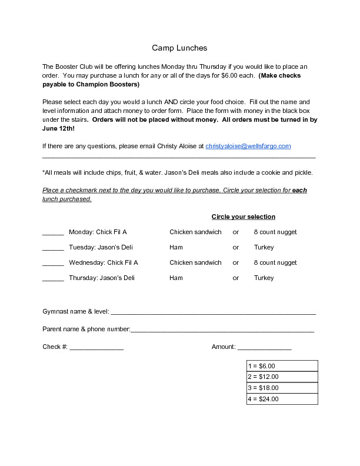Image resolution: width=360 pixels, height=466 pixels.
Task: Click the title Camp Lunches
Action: [179, 47]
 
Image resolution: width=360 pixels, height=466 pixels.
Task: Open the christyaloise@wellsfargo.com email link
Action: [248, 145]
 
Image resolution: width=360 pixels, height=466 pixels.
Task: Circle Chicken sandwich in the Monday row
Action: [195, 232]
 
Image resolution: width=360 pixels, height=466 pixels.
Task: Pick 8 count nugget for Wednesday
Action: [275, 262]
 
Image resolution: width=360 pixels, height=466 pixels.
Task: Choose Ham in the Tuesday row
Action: [176, 247]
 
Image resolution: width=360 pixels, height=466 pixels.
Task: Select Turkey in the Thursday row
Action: [264, 278]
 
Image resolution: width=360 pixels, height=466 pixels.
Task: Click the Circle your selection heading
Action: [244, 217]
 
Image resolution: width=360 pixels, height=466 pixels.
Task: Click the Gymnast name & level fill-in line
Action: [213, 313]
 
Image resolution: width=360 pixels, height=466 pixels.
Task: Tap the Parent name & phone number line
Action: [222, 331]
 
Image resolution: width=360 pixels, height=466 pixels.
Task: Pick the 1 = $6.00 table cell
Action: [282, 366]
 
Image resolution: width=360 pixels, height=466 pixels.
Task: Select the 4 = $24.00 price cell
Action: [282, 399]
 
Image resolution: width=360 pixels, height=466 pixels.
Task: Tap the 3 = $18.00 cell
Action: [282, 388]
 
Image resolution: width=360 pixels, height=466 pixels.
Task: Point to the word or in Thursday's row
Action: [235, 278]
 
